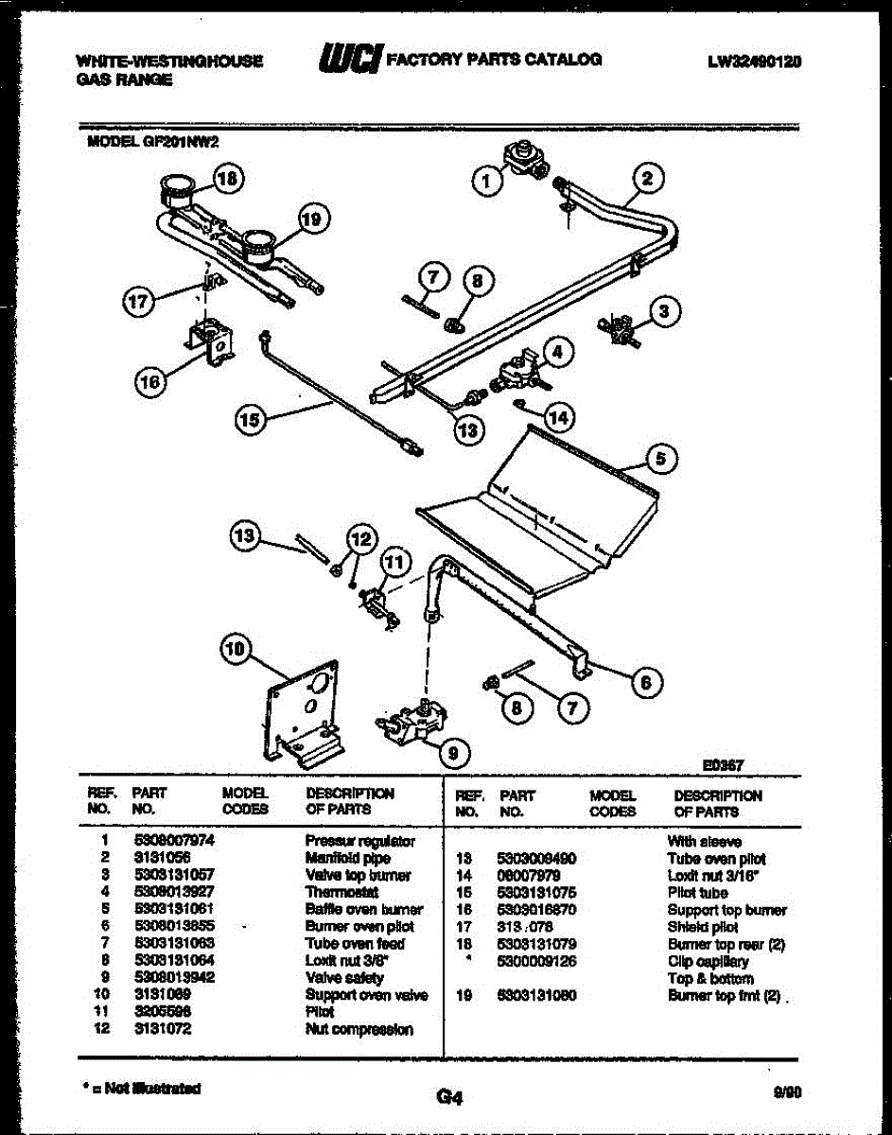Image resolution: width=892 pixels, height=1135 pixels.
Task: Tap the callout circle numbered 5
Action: [662, 460]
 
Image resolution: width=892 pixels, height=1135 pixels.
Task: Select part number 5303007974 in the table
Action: [175, 840]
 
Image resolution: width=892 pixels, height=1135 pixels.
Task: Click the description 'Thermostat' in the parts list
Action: [341, 892]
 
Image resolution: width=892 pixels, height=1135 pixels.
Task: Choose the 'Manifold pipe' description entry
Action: [347, 858]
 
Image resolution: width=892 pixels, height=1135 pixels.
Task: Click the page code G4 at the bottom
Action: [448, 1097]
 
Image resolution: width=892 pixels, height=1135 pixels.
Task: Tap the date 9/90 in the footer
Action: [787, 1091]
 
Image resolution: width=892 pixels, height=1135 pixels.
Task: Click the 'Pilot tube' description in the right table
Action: [697, 893]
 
